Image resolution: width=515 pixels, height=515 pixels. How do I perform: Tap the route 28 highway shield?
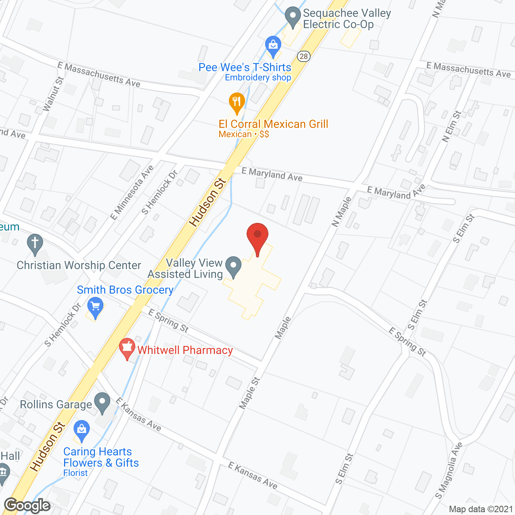[x=304, y=56]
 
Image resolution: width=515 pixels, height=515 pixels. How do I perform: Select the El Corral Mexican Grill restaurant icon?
[x=237, y=102]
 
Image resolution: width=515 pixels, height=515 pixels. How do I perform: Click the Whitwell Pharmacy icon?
[x=128, y=348]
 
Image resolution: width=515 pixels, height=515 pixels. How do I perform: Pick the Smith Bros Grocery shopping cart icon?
[x=95, y=308]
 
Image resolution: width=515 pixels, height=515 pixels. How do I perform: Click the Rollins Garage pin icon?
[x=102, y=402]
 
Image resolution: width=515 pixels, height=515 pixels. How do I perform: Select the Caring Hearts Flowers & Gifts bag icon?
[x=82, y=430]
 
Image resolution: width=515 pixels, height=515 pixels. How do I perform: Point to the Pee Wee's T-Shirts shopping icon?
[x=273, y=45]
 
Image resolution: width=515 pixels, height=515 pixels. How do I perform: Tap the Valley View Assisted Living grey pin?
[x=233, y=266]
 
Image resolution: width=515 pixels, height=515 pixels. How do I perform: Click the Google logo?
[x=27, y=505]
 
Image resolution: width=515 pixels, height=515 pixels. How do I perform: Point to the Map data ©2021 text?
[x=481, y=509]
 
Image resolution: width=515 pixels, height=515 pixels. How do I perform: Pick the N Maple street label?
[x=342, y=212]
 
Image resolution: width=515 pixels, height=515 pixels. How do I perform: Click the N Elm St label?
[x=452, y=126]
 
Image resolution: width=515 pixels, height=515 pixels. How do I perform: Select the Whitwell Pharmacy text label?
[x=185, y=350]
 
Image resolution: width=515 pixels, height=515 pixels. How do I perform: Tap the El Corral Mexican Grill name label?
[x=274, y=124]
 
